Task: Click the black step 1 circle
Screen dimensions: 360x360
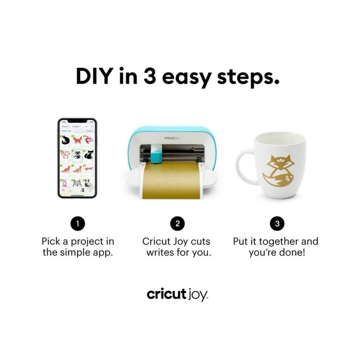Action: (77, 224)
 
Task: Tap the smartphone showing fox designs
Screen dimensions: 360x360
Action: (77, 158)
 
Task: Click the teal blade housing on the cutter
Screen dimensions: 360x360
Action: (156, 154)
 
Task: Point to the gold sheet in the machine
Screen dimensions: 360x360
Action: (173, 180)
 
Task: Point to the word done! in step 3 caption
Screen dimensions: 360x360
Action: (293, 252)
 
